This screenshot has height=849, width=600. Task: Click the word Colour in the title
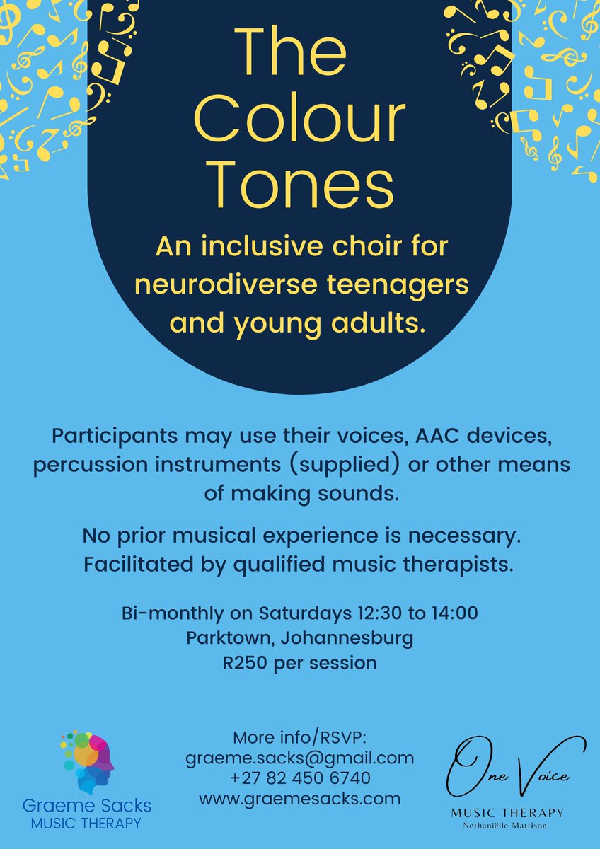tap(299, 117)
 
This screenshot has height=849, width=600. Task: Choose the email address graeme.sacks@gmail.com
tap(299, 758)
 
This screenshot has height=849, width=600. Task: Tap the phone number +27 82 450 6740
tap(299, 778)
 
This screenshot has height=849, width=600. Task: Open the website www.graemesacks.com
tap(299, 799)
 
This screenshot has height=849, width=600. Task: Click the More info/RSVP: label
tap(299, 737)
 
